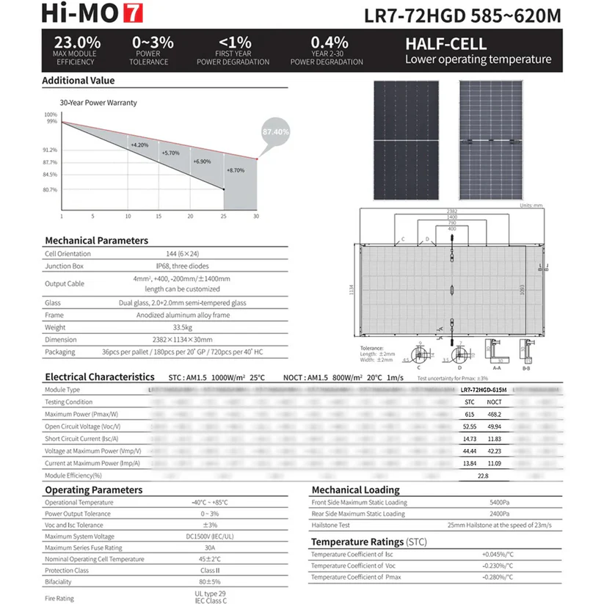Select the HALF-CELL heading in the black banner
click(x=445, y=44)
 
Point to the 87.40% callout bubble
click(x=275, y=131)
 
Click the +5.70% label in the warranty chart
click(x=170, y=153)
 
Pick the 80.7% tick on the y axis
click(x=50, y=190)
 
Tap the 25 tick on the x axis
click(x=223, y=217)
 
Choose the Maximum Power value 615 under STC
click(x=470, y=414)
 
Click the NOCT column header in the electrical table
click(x=495, y=402)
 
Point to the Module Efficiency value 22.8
click(x=483, y=476)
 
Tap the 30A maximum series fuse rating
click(x=210, y=547)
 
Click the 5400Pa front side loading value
click(x=500, y=503)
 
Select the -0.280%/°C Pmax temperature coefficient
click(x=498, y=578)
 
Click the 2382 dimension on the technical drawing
click(x=452, y=212)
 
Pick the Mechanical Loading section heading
click(x=355, y=490)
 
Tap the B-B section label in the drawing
click(x=525, y=368)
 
